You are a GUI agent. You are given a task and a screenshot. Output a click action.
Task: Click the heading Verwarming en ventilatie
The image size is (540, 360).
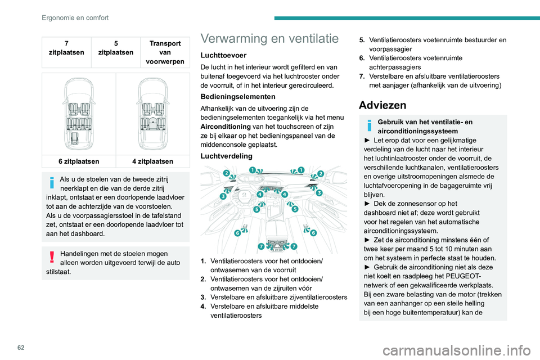click(270, 39)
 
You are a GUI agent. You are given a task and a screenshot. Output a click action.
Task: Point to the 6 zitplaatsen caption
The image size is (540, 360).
click(81, 161)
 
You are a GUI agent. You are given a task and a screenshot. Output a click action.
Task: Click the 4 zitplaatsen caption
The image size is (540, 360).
click(152, 161)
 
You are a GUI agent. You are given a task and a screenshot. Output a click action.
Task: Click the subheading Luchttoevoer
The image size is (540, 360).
click(223, 56)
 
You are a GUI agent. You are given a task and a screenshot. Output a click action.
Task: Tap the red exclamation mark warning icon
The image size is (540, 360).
click(51, 256)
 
